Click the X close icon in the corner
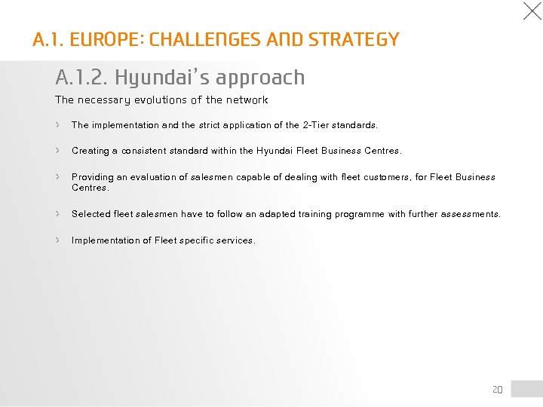(x=532, y=11)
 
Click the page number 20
(x=497, y=390)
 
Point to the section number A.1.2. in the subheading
(x=81, y=78)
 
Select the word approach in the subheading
(x=260, y=78)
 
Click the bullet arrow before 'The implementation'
(x=58, y=124)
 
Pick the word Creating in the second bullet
(x=90, y=151)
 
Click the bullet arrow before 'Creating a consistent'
(x=58, y=150)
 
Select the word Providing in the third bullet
(x=92, y=177)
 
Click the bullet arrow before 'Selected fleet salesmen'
(x=58, y=213)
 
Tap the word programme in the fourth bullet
(x=358, y=214)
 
